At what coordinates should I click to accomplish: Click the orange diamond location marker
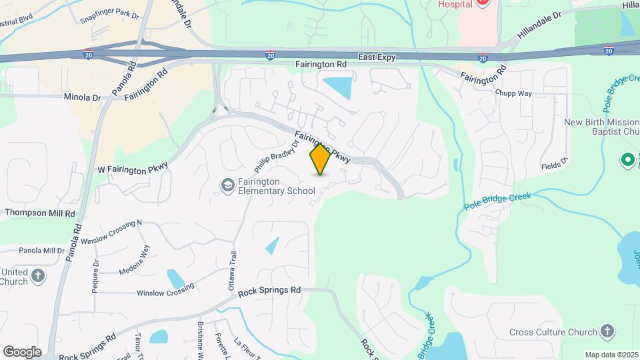pyautogui.click(x=320, y=159)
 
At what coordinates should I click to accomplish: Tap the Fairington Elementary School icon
pyautogui.click(x=227, y=184)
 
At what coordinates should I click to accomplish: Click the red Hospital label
pyautogui.click(x=455, y=4)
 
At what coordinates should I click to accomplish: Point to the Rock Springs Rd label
pyautogui.click(x=269, y=291)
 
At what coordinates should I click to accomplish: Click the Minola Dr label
pyautogui.click(x=82, y=97)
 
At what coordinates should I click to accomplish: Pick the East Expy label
pyautogui.click(x=377, y=58)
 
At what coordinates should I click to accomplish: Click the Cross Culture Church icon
pyautogui.click(x=607, y=331)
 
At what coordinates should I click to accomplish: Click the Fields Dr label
pyautogui.click(x=554, y=165)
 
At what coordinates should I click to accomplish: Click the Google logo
pyautogui.click(x=22, y=351)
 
